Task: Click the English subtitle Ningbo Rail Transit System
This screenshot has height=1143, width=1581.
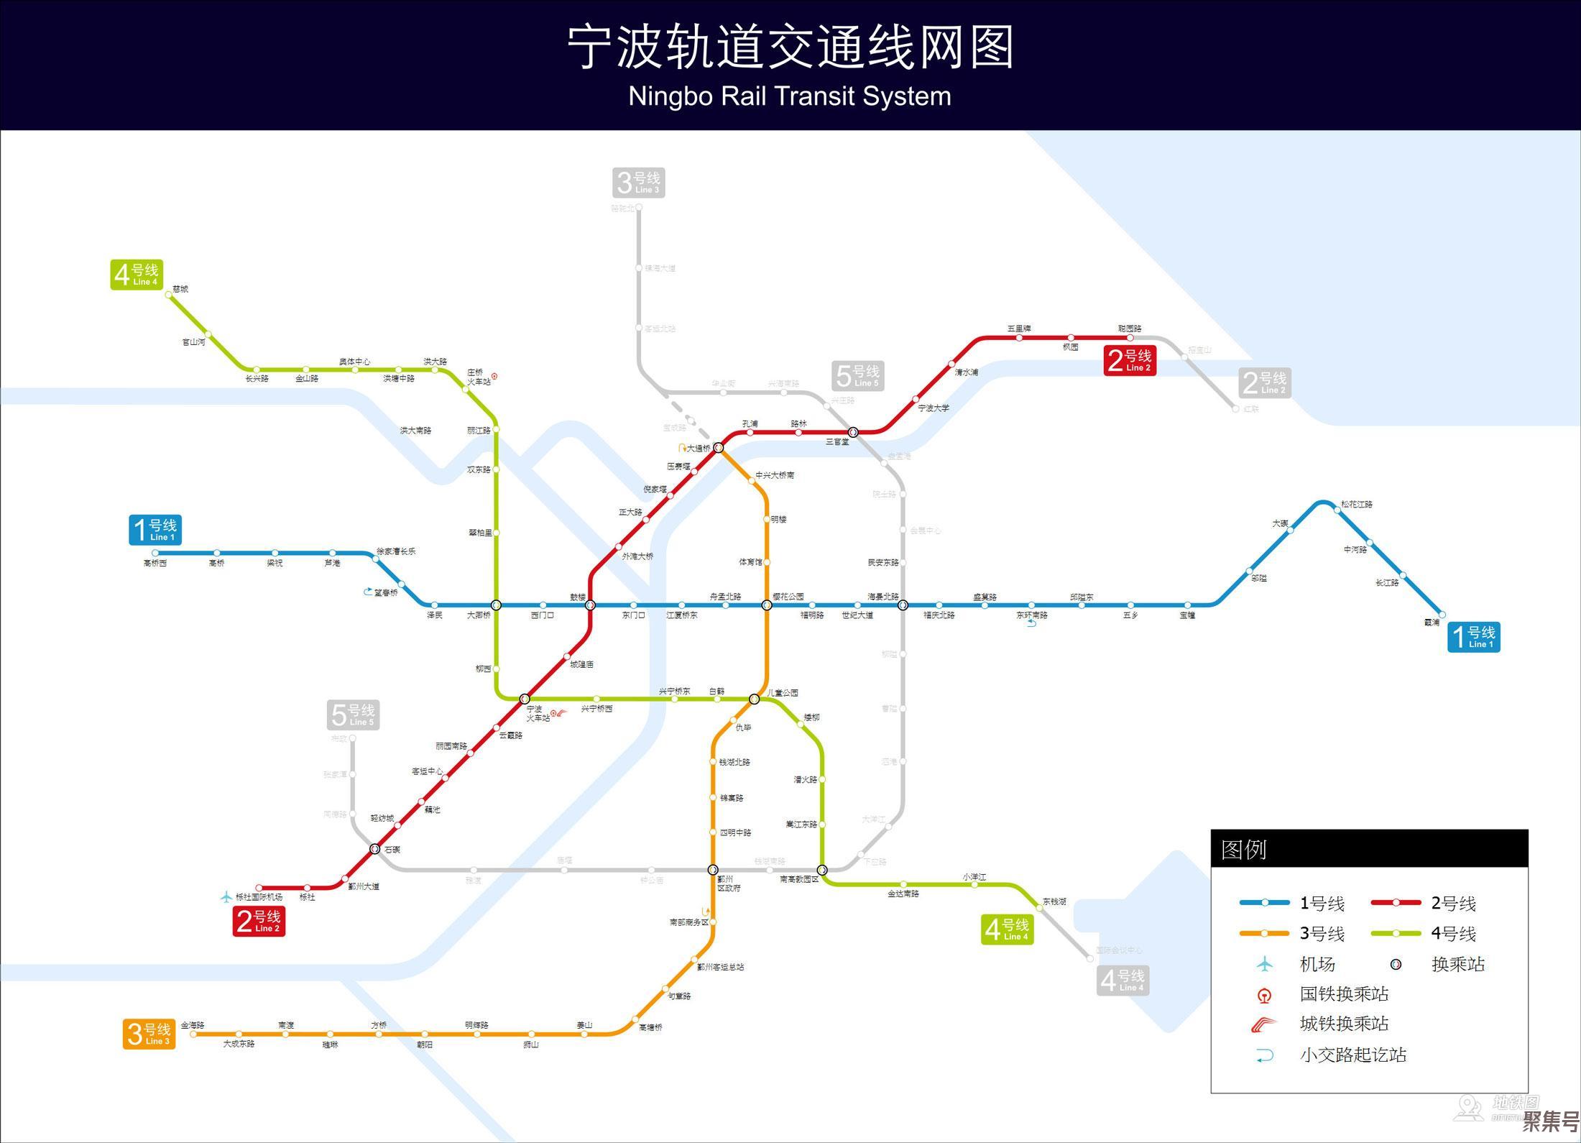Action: pyautogui.click(x=790, y=96)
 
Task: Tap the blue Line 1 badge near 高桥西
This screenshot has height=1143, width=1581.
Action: pyautogui.click(x=155, y=530)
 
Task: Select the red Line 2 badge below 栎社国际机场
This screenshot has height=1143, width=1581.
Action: pyautogui.click(x=259, y=921)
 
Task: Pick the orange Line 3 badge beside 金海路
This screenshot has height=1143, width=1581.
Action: pyautogui.click(x=149, y=1034)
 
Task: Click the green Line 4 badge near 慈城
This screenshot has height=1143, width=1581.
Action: pyautogui.click(x=137, y=275)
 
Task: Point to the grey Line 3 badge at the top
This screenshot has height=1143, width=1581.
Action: pyautogui.click(x=638, y=183)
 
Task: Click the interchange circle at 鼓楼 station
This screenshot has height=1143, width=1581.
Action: pyautogui.click(x=590, y=605)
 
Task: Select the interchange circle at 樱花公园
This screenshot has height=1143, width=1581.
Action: pyautogui.click(x=767, y=605)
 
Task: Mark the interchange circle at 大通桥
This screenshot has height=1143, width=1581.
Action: pyautogui.click(x=718, y=447)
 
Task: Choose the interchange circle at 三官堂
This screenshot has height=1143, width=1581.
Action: pyautogui.click(x=853, y=432)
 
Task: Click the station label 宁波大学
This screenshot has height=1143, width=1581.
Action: pyautogui.click(x=934, y=408)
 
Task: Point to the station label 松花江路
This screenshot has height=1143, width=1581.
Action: pyautogui.click(x=1356, y=505)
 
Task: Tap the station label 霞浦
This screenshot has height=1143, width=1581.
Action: pyautogui.click(x=1432, y=623)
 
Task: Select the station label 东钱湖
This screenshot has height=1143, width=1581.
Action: pyautogui.click(x=1054, y=901)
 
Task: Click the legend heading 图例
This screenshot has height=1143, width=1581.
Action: pyautogui.click(x=1244, y=850)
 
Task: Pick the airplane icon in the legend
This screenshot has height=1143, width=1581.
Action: pyautogui.click(x=1264, y=964)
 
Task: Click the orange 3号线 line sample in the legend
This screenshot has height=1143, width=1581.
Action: pyautogui.click(x=1264, y=934)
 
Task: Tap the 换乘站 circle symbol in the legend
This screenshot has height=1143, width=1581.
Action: pyautogui.click(x=1395, y=965)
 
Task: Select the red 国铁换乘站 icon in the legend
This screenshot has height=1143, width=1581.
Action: pyautogui.click(x=1264, y=996)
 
